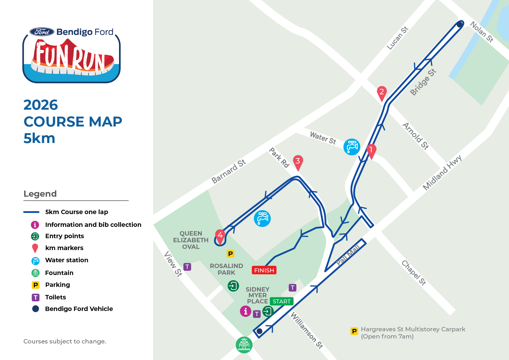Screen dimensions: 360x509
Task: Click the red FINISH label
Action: pos(264,270)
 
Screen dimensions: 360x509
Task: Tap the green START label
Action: pos(281,301)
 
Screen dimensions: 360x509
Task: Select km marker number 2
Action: pos(382,92)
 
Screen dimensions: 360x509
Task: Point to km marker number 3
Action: pos(298,161)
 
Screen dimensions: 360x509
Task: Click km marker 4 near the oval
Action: pos(220,235)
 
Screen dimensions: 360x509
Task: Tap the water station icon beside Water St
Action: pos(352,147)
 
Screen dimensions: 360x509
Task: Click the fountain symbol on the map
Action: pos(244,345)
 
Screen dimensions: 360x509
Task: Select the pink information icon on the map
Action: pos(246,311)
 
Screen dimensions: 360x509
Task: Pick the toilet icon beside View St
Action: pos(187,267)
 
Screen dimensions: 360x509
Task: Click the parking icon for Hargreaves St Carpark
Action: pos(354,331)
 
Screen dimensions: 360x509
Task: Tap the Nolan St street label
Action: pos(481,32)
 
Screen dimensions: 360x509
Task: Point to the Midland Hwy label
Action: pos(442,173)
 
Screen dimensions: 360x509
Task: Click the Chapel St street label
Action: pos(414,273)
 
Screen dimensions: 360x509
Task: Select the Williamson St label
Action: pos(307,330)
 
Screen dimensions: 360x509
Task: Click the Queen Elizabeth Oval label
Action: pos(191,240)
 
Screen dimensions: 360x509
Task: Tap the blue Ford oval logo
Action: pos(42,32)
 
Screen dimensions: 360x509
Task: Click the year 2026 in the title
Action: pos(41,105)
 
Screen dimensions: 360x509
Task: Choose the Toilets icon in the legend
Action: pos(35,297)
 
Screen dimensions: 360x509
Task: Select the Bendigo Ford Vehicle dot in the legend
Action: pos(35,309)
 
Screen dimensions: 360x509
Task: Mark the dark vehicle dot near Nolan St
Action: pos(459,25)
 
